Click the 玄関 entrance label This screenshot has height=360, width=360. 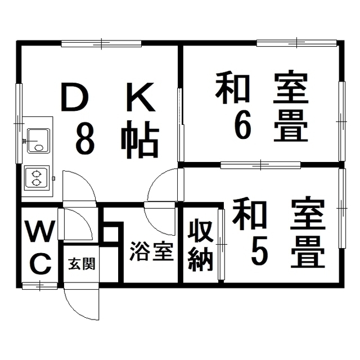82,264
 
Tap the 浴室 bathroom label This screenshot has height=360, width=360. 151,251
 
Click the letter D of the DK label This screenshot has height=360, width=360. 75,97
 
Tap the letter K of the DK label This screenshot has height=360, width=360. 140,97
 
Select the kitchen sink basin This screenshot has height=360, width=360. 38,141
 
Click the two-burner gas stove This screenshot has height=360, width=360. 37,178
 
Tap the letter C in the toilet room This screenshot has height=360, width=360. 41,264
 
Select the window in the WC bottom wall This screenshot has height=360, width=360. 40,286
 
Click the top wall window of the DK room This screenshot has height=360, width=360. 101,43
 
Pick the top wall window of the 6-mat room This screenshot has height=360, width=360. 296,43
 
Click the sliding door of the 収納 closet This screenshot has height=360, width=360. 221,244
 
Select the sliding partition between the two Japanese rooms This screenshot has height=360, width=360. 260,165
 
